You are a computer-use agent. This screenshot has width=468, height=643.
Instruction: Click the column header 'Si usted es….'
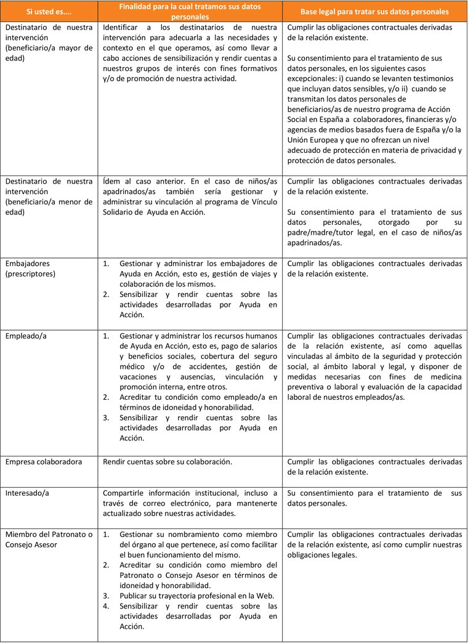(x=49, y=12)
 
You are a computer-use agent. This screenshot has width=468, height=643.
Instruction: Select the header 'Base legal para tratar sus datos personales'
(x=374, y=12)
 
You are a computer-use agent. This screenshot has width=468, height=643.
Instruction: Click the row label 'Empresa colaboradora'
(x=44, y=462)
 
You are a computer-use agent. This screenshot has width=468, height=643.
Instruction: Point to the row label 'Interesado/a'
(x=26, y=493)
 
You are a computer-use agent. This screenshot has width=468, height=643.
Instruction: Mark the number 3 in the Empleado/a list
(x=105, y=417)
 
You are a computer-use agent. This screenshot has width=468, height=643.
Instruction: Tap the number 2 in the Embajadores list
(x=105, y=294)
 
